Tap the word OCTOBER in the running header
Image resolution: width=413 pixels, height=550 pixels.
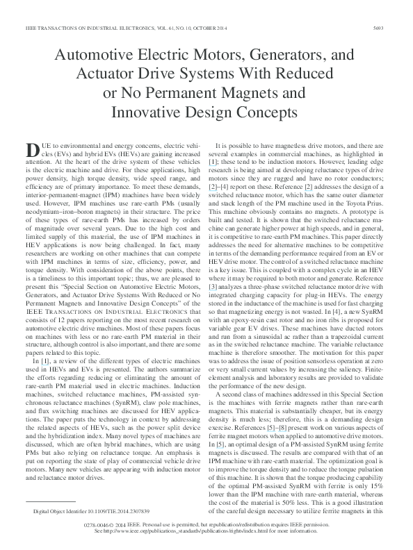[161, 28]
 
